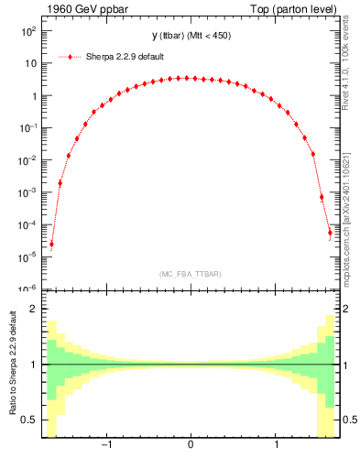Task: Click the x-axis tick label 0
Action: [x=190, y=446]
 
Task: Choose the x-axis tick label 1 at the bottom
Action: [x=277, y=446]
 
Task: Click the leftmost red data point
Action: [x=51, y=244]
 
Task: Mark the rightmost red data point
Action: [x=330, y=233]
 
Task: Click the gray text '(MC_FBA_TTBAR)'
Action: [x=190, y=274]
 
